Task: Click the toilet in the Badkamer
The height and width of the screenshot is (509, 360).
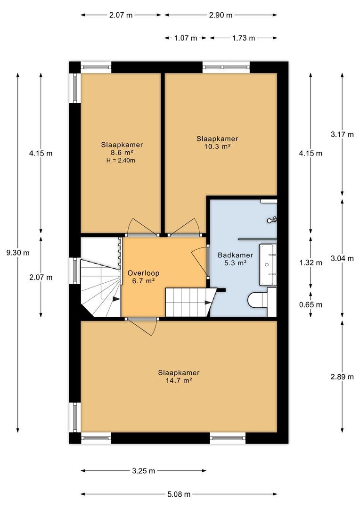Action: pos(256,300)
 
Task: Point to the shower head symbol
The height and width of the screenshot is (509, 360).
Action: pos(272,220)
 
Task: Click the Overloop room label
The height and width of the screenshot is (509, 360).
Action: pos(143,273)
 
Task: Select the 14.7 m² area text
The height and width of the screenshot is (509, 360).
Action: pos(179,380)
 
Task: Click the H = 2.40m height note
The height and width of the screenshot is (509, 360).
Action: pos(121,160)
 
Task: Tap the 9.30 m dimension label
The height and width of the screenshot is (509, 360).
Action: pos(18,253)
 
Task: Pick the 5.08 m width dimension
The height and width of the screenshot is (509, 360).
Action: pos(179,494)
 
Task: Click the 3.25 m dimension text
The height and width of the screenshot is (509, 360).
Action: pos(143,471)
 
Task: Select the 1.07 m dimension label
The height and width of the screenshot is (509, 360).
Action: pos(186,38)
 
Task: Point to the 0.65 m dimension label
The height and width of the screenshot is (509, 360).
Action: pos(311,304)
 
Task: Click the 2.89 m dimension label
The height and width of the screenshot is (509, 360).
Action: pos(342,377)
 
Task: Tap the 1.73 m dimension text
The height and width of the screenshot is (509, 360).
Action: pos(244,38)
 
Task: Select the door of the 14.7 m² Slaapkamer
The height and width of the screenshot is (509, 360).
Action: pos(142,326)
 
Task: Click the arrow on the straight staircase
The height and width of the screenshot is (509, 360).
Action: pos(208,303)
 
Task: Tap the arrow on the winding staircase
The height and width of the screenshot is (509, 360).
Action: pos(115,299)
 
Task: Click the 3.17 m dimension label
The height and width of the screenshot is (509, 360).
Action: pos(342,134)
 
